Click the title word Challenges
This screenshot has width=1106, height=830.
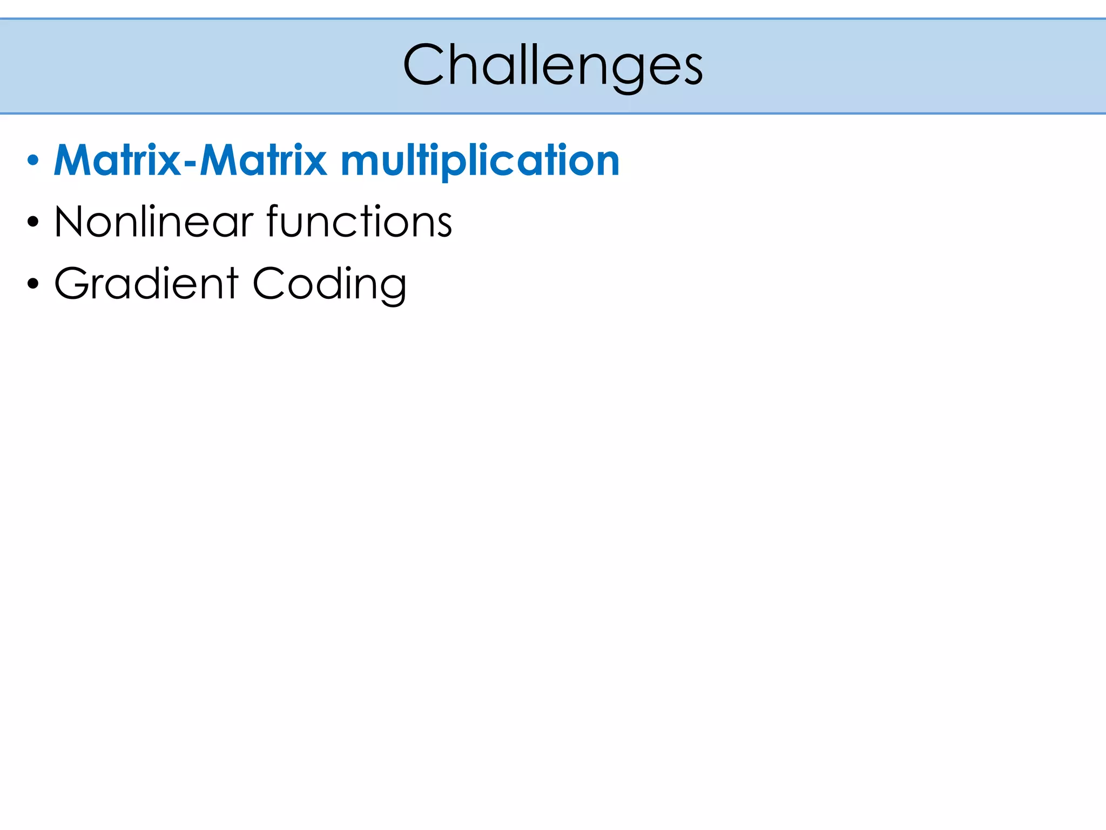(x=552, y=66)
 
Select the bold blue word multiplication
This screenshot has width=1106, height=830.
(x=480, y=161)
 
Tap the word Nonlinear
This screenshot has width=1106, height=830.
(x=154, y=222)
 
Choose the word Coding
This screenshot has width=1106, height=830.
(x=329, y=285)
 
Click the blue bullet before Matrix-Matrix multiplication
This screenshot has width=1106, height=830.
(x=33, y=161)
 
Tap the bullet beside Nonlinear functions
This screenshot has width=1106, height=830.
(x=33, y=222)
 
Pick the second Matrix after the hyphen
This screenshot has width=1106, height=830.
(x=264, y=161)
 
